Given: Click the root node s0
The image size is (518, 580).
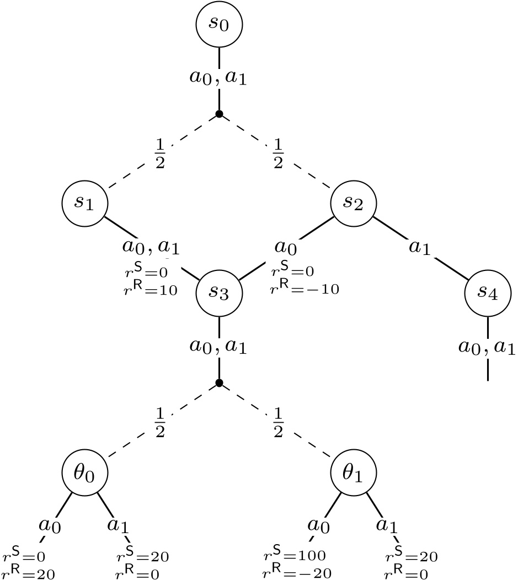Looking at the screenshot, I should (220, 25).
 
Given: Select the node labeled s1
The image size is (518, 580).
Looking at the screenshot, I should (84, 203).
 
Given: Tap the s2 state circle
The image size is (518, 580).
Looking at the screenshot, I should (354, 203).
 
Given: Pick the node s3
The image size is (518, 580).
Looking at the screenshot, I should (220, 292).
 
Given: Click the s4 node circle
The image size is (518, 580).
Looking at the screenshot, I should (488, 292).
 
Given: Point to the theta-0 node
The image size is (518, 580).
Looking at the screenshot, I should (84, 472).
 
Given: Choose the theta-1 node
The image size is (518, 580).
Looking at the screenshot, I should (354, 472).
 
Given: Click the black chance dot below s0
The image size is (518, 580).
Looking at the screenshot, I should (219, 114).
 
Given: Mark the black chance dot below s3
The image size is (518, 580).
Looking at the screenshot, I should (219, 383).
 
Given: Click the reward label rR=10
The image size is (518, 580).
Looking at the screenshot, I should (151, 290).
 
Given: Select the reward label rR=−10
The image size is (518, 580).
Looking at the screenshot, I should (305, 289).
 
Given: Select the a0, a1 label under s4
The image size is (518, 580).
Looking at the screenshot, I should (488, 348).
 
